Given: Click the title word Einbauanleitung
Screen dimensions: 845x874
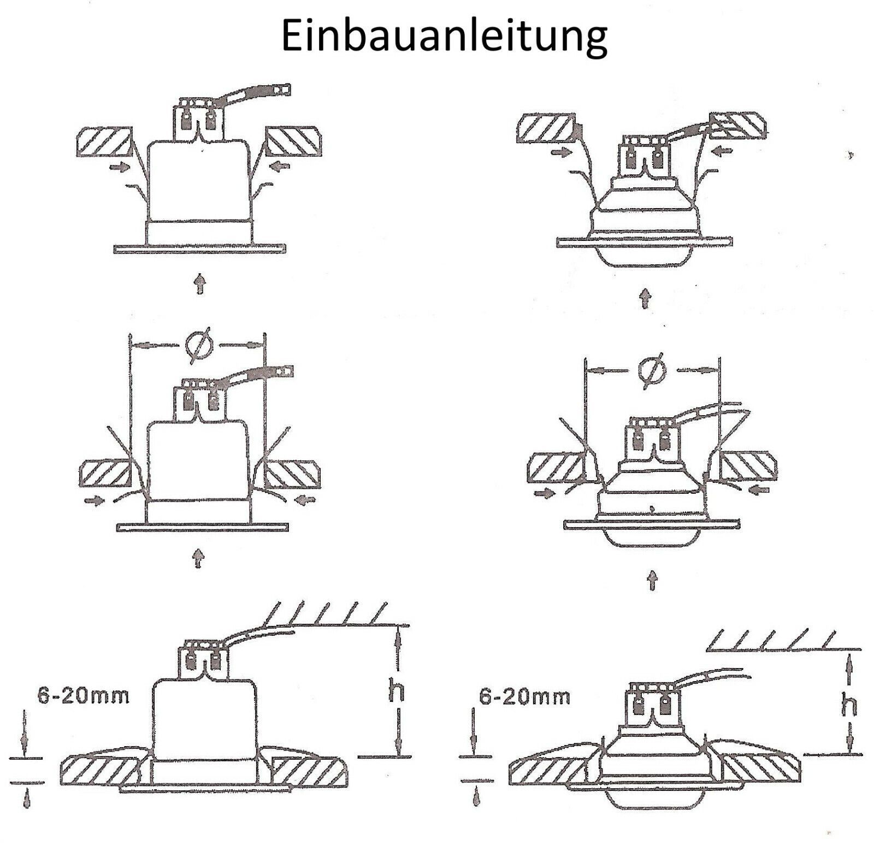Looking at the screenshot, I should point(444,36).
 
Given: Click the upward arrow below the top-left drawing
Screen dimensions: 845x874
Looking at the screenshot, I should point(200,285).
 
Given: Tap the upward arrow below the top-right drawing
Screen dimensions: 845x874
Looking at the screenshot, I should point(646,298).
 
